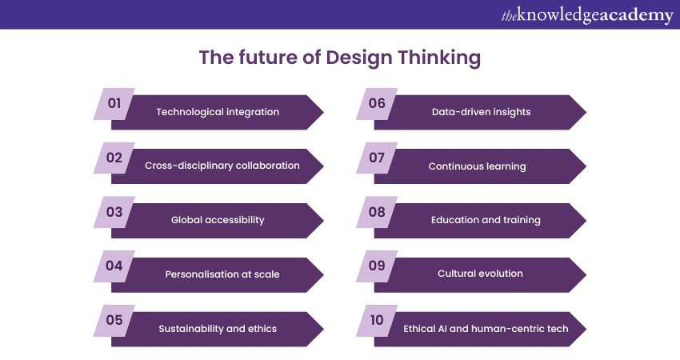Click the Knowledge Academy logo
587,15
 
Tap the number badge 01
114,103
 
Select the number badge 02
114,158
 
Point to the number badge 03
114,212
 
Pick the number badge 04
114,266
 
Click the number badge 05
114,320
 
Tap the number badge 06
377,103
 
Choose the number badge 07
377,158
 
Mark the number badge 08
377,212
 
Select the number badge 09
377,266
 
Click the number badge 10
377,320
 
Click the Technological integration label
218,112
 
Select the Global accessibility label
218,220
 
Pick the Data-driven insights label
481,112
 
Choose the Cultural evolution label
480,274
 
